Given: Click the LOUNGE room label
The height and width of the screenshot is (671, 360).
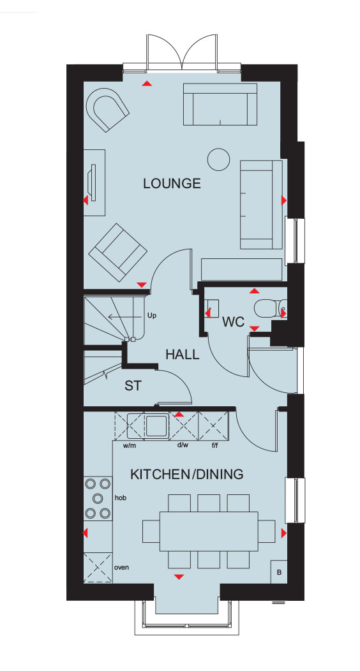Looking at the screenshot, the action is point(172,183).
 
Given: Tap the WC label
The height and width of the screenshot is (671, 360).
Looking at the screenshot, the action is point(233,321).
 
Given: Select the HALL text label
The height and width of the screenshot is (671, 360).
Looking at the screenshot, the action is point(183,355).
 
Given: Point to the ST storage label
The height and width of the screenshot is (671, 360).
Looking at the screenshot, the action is point(133,385).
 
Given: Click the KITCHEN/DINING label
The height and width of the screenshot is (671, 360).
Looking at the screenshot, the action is point(186,474).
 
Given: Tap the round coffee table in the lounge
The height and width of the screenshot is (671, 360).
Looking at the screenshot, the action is point(218,159).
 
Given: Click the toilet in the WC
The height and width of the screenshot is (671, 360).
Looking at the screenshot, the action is point(267,307).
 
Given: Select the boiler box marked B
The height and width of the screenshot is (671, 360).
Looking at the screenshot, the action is point(279,571).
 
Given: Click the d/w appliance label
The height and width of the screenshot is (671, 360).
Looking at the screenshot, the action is point(183,445).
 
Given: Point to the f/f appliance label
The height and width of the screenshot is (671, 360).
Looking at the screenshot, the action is point(215,445).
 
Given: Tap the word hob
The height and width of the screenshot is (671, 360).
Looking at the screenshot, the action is point(121,498).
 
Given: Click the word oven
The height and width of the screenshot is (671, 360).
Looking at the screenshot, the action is point(121,568).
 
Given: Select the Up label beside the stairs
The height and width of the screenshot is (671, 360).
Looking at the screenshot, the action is point(152,316).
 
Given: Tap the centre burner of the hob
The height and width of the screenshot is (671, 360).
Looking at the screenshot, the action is point(98,498).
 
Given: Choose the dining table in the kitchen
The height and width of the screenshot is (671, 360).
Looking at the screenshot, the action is point(209,531).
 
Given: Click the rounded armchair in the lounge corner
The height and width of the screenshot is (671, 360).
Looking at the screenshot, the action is point(107,110).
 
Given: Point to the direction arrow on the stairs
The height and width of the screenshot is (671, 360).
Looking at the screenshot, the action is point(124,316).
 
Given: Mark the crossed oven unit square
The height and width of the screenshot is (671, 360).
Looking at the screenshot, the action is point(98,568).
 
